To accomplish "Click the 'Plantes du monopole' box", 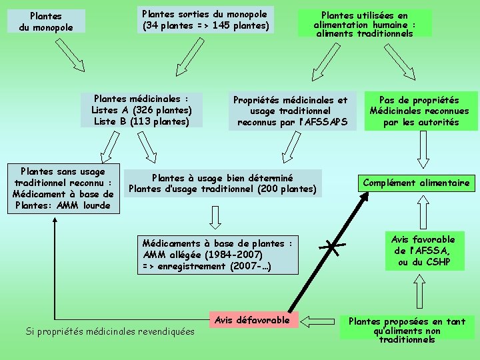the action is point(46,21).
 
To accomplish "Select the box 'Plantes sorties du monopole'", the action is point(205,20).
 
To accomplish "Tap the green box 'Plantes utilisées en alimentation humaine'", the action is point(364,23).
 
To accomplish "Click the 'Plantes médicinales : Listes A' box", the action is point(141,110).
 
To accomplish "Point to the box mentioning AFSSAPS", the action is point(290,111).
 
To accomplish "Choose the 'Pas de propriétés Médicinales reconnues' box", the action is point(419,111).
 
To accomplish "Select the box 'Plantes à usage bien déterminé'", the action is point(222,183).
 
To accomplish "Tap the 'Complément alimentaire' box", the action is point(416,183).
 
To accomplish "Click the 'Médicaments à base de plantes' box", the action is point(217,255).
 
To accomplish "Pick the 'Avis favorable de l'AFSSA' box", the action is point(423,251).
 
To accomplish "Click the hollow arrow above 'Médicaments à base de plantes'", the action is point(215,215).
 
